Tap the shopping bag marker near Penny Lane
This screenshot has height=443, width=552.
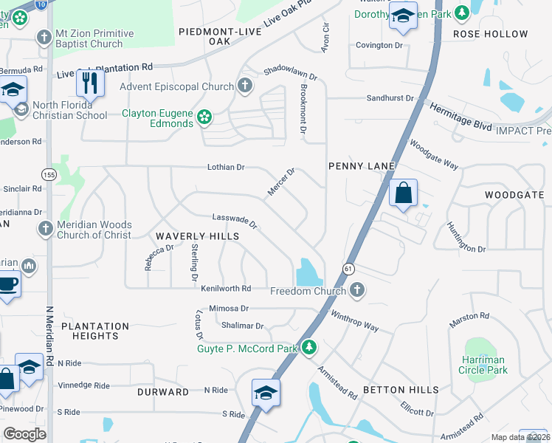click(403, 193)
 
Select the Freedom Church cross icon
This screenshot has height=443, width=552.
click(357, 290)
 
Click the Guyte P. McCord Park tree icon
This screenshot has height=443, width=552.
click(309, 347)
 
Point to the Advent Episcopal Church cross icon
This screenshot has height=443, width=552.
click(245, 86)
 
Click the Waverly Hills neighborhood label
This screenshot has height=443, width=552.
click(197, 236)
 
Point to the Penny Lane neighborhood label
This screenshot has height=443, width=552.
click(362, 166)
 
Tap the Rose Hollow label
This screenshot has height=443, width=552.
click(491, 34)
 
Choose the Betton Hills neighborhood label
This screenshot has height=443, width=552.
click(400, 390)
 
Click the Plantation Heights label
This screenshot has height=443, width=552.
click(95, 331)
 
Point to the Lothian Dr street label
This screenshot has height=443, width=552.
click(226, 168)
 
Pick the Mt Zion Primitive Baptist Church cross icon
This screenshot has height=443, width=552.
click(44, 38)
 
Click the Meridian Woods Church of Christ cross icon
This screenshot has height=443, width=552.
click(46, 230)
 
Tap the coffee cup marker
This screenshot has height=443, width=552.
click(7, 284)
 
